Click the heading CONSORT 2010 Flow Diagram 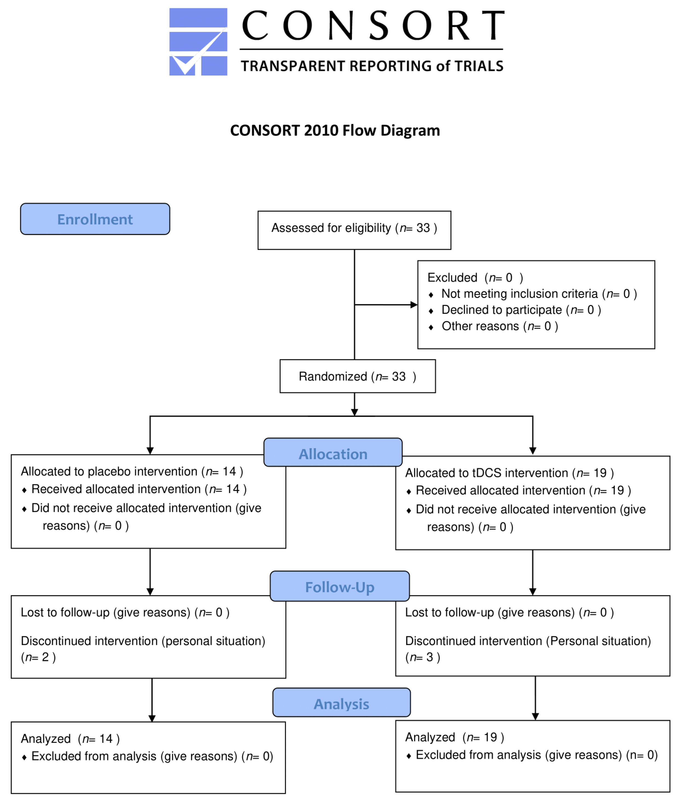point(335,131)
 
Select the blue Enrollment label point(95,219)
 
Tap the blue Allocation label point(333,454)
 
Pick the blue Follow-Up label point(339,587)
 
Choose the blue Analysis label point(341,704)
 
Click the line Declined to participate point(521,310)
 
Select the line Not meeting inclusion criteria point(538,294)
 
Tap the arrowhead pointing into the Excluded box point(414,305)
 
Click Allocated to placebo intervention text point(132,471)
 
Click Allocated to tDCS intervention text point(509,473)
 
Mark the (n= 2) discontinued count point(38,657)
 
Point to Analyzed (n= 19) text point(455,737)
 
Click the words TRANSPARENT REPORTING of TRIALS point(372,66)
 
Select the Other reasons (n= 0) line point(499,326)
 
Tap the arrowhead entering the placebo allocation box point(150,451)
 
